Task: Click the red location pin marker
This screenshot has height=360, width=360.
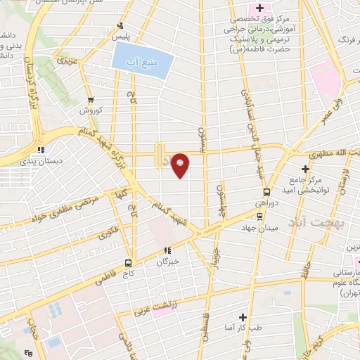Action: (181, 165)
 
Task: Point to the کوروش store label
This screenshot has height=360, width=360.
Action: (91, 110)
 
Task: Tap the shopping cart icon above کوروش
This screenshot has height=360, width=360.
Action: (91, 99)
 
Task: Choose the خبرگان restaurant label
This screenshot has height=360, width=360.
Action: (167, 261)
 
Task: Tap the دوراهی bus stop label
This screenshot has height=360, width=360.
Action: (265, 202)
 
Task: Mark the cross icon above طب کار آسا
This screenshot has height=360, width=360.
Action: (244, 318)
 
